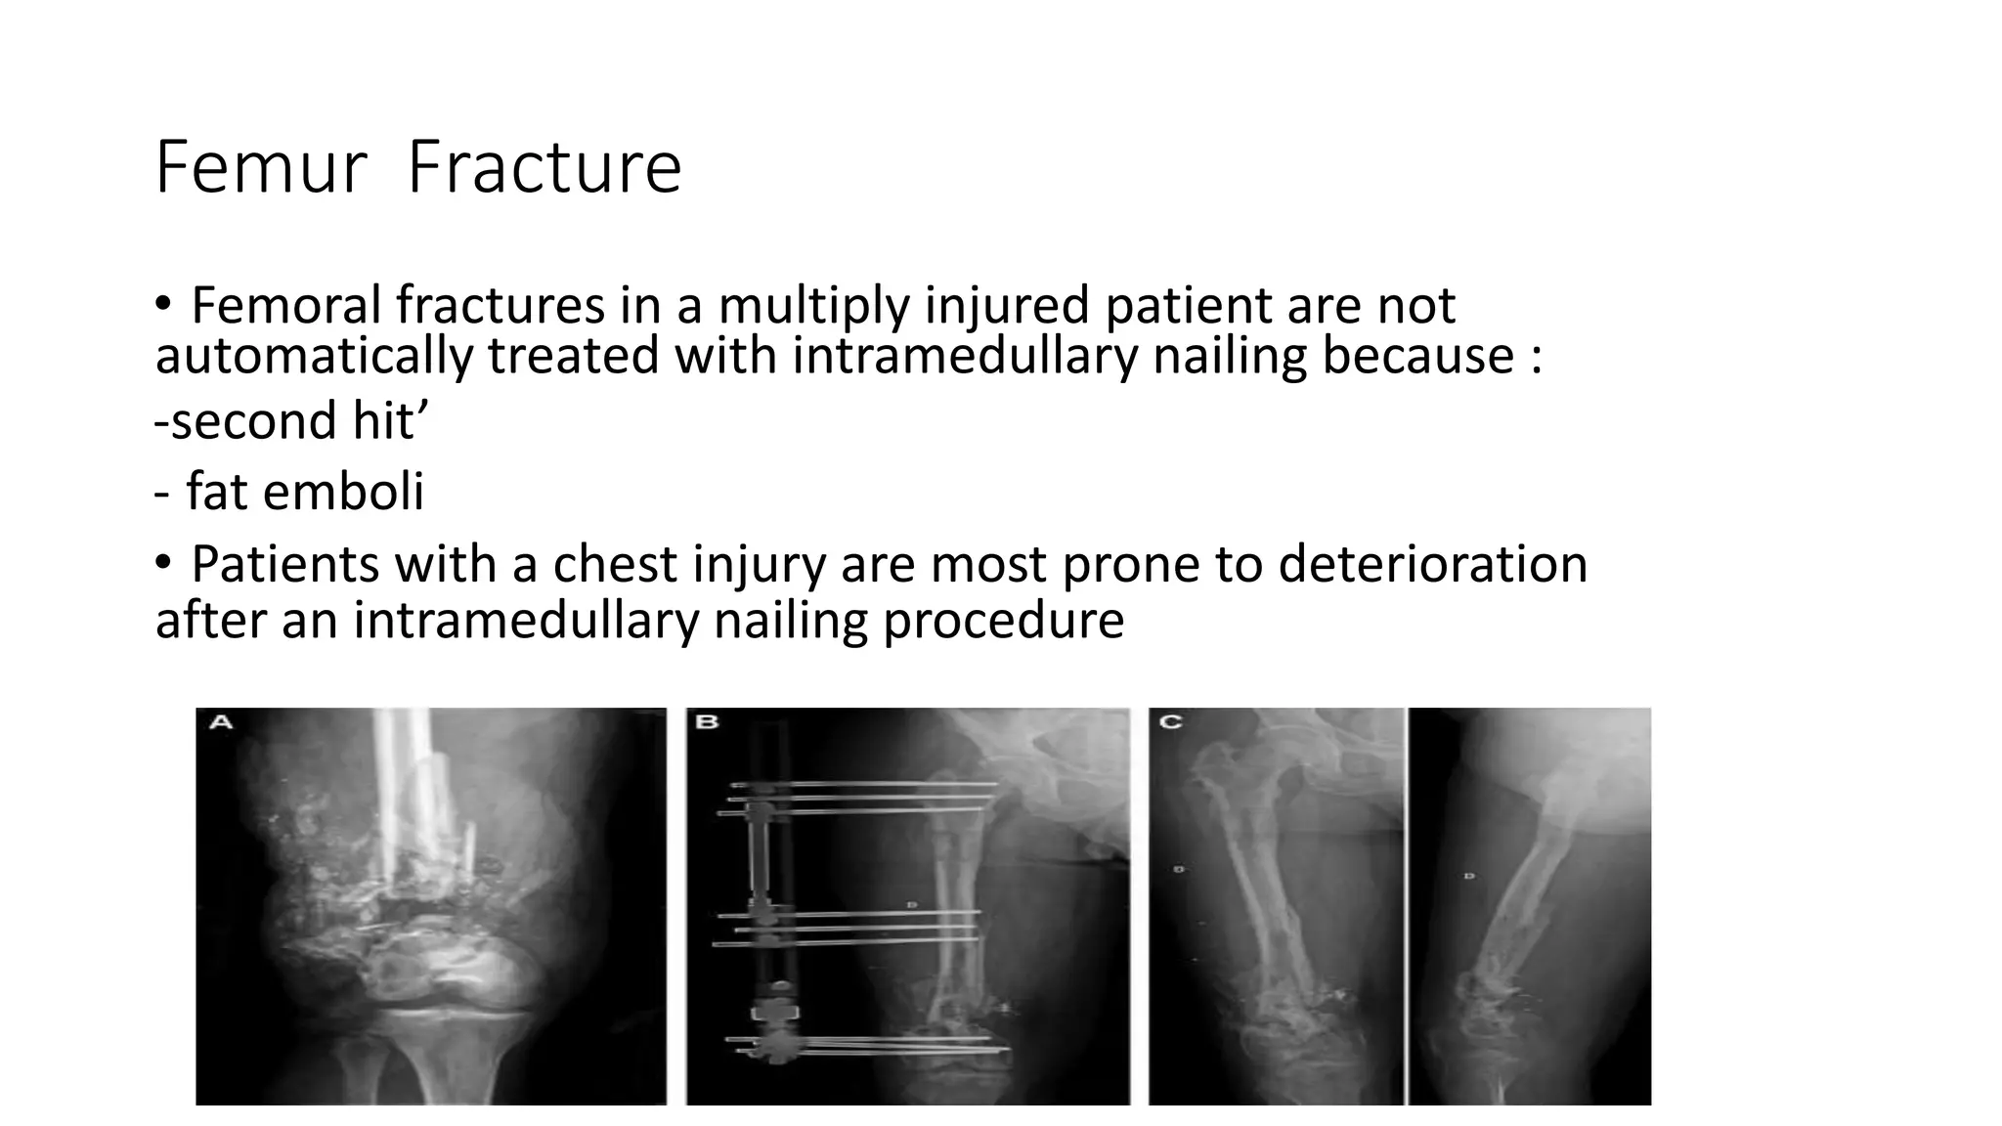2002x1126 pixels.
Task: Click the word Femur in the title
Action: click(260, 168)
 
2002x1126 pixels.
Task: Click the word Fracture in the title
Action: click(544, 168)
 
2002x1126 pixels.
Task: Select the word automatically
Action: click(313, 355)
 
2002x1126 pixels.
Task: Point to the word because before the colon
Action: click(1418, 355)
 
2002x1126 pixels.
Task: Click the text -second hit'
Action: click(291, 421)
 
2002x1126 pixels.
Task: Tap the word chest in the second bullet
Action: click(614, 564)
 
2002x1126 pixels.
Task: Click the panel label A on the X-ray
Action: click(221, 722)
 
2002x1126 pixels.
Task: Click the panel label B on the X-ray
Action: click(706, 722)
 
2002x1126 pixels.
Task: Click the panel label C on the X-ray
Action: click(1169, 722)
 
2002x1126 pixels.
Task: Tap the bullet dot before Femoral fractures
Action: click(162, 306)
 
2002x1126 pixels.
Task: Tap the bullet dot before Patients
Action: click(162, 564)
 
